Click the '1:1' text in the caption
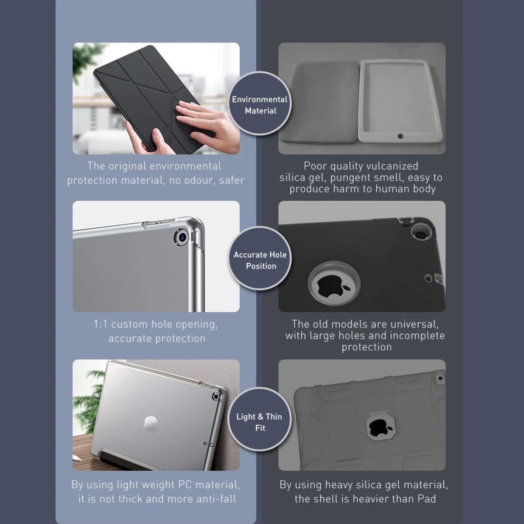click(x=100, y=324)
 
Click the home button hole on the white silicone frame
click(x=400, y=136)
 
